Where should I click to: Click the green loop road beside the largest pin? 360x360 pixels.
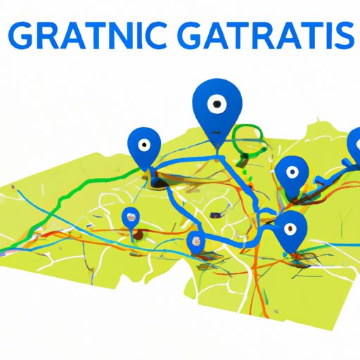coord(247,141)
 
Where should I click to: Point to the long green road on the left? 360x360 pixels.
coord(63,204)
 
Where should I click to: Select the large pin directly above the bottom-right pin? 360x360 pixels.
coord(291,173)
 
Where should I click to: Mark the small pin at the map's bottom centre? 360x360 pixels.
coord(196,243)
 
